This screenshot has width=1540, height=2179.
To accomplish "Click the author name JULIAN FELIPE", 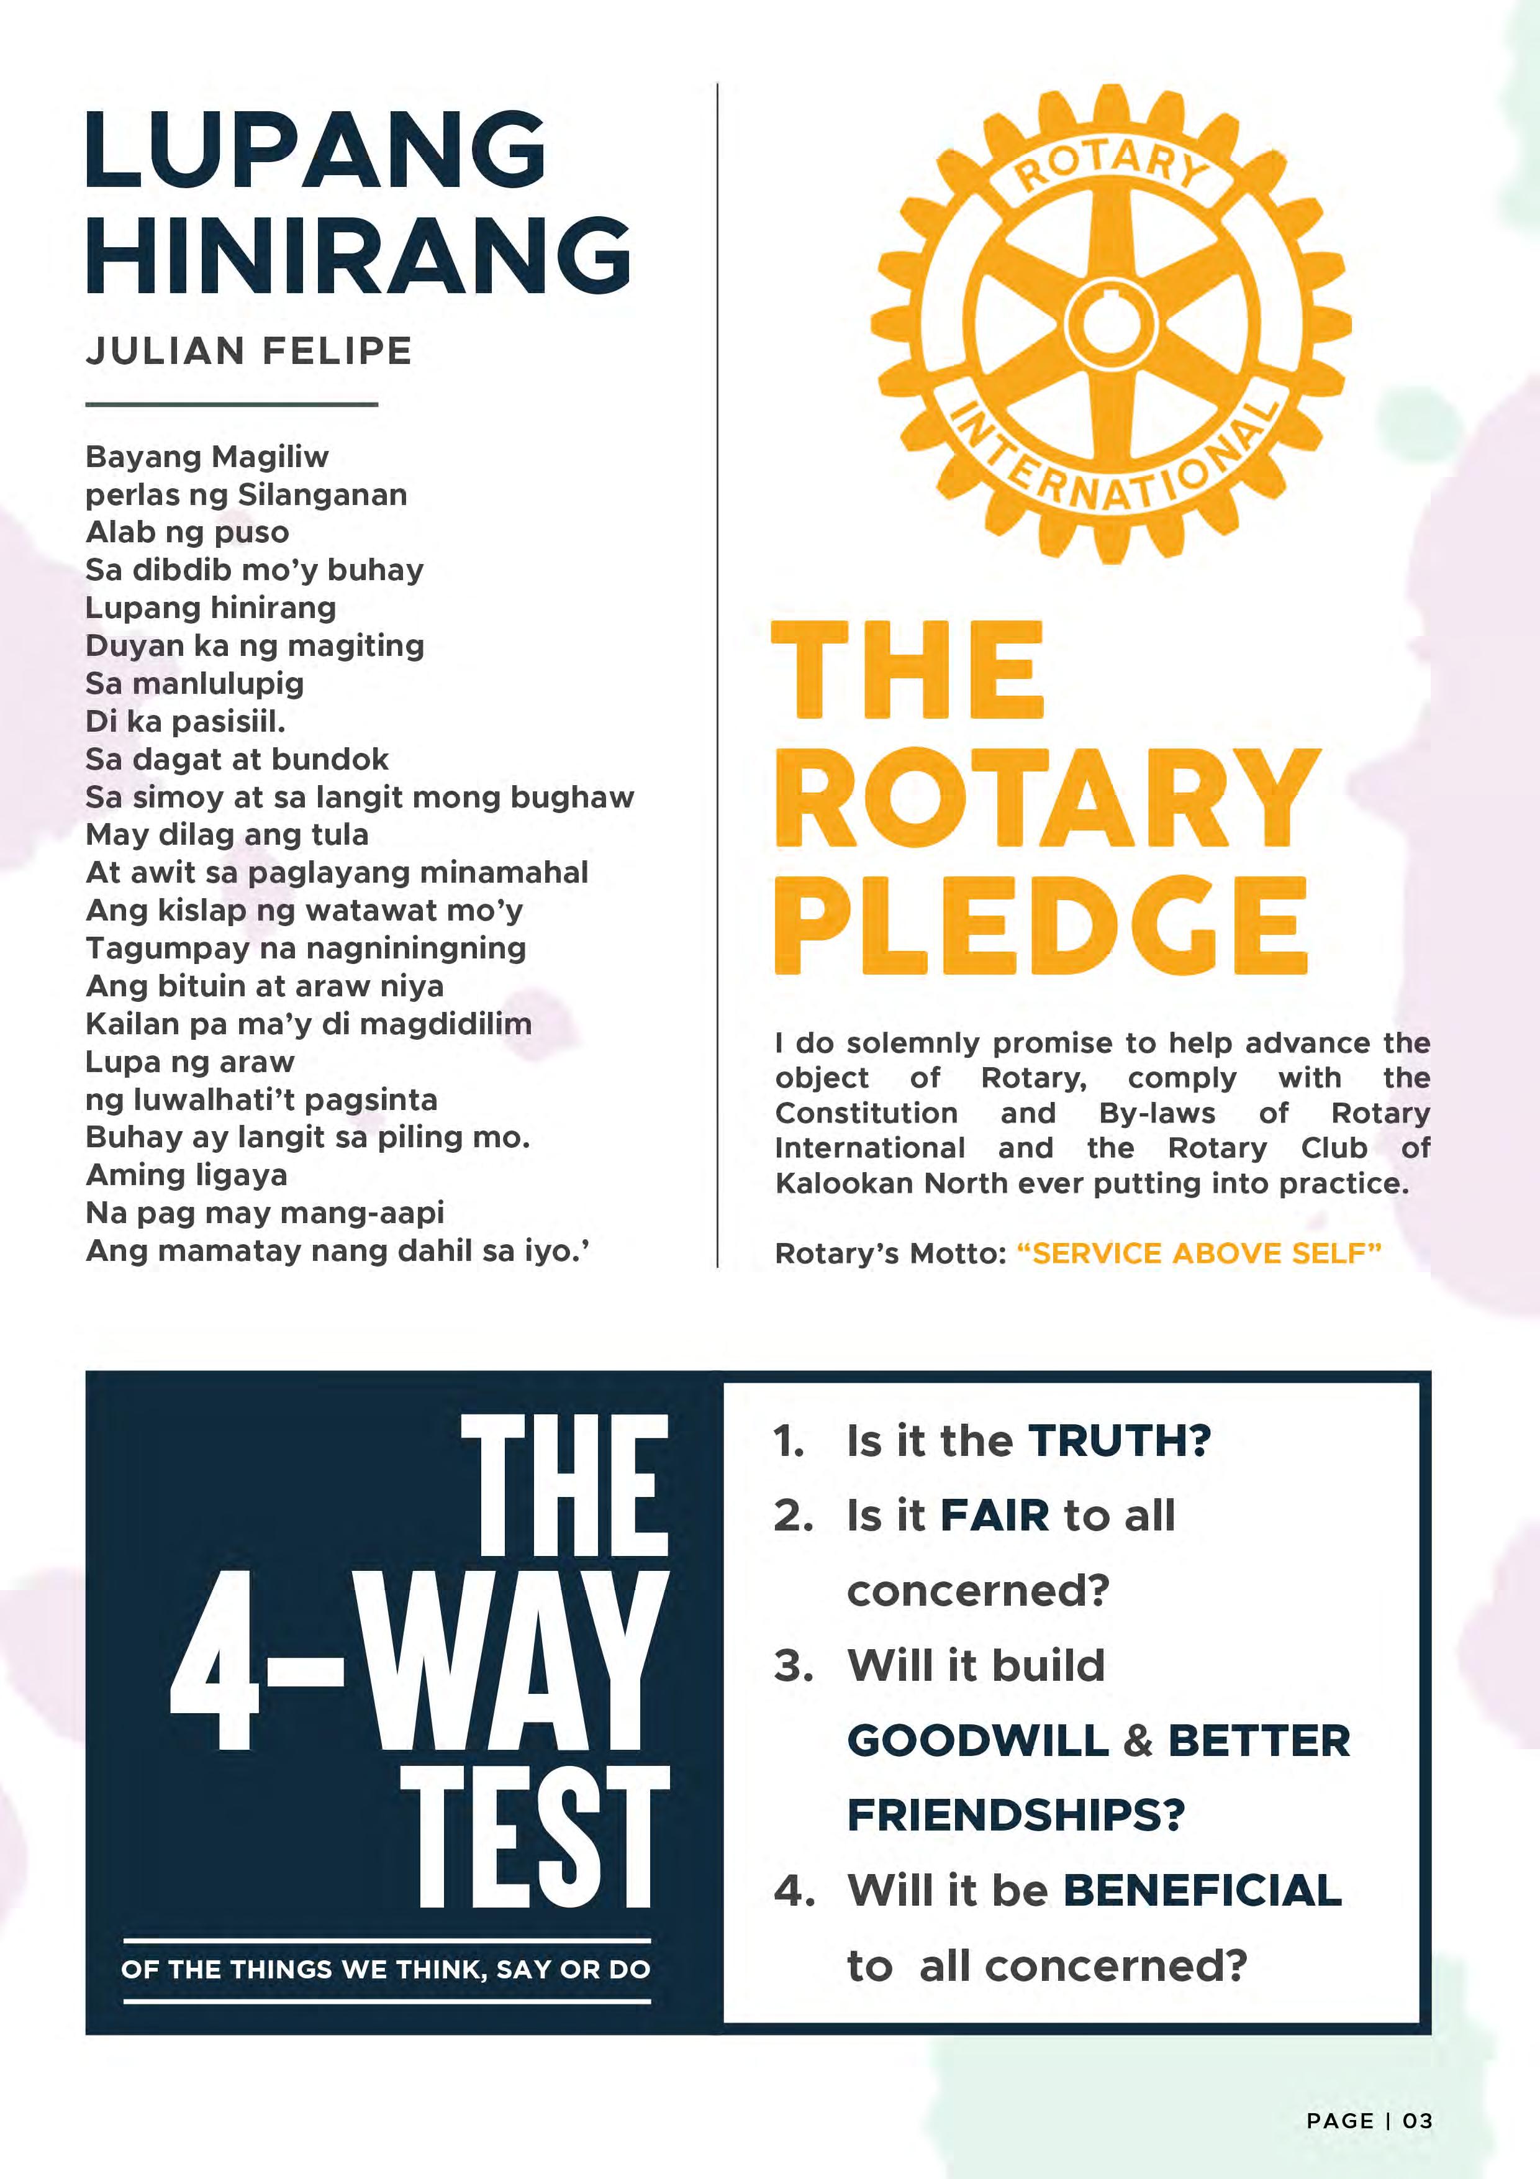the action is [248, 351].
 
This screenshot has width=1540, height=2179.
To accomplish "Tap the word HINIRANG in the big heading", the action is [359, 254].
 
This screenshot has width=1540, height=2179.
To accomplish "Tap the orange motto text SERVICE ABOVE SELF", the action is [1198, 1253].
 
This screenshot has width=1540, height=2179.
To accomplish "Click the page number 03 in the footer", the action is [1418, 2121].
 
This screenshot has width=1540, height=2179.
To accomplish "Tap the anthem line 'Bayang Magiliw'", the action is [207, 457].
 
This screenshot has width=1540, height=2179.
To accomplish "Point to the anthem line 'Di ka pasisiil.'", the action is [185, 721].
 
